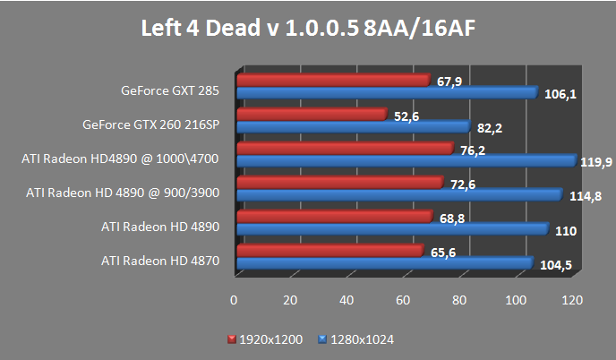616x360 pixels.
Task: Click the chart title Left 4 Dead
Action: point(307,29)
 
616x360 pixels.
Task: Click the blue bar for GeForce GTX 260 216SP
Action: point(353,126)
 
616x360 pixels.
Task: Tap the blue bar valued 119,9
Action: point(405,160)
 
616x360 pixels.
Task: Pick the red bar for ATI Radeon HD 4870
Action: point(329,251)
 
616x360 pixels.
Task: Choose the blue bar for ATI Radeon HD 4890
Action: point(391,228)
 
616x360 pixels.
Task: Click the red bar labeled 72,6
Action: point(339,183)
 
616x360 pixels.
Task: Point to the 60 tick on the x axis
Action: point(403,299)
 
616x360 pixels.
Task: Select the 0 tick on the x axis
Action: point(235,299)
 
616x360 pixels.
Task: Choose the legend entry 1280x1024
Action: point(362,339)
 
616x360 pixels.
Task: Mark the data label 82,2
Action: point(489,128)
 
